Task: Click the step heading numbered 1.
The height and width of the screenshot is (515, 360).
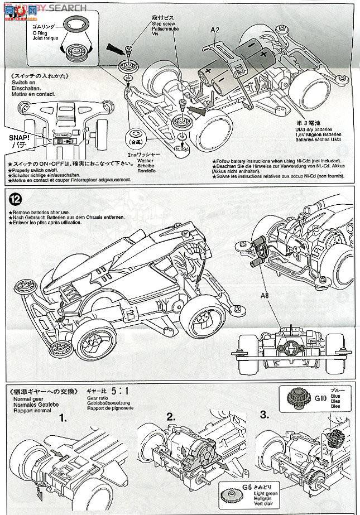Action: click(x=64, y=417)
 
